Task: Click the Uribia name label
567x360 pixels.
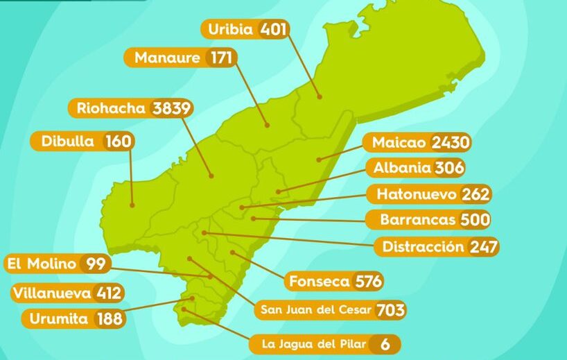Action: coord(231,29)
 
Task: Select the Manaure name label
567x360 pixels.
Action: coord(166,58)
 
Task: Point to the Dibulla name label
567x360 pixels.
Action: coord(67,142)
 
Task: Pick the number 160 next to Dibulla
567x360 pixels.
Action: coord(118,142)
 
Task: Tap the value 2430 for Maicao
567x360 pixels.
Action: coord(451,143)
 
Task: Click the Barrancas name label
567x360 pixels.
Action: coord(417,220)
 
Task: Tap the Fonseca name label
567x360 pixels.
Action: coord(320,282)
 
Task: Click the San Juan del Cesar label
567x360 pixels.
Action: coord(316,309)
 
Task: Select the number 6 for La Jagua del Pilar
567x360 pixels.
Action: coord(384,343)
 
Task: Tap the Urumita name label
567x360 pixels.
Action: coord(58,319)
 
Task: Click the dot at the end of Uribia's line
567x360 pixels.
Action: coord(320,96)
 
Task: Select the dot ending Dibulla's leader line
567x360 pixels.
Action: coord(132,205)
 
